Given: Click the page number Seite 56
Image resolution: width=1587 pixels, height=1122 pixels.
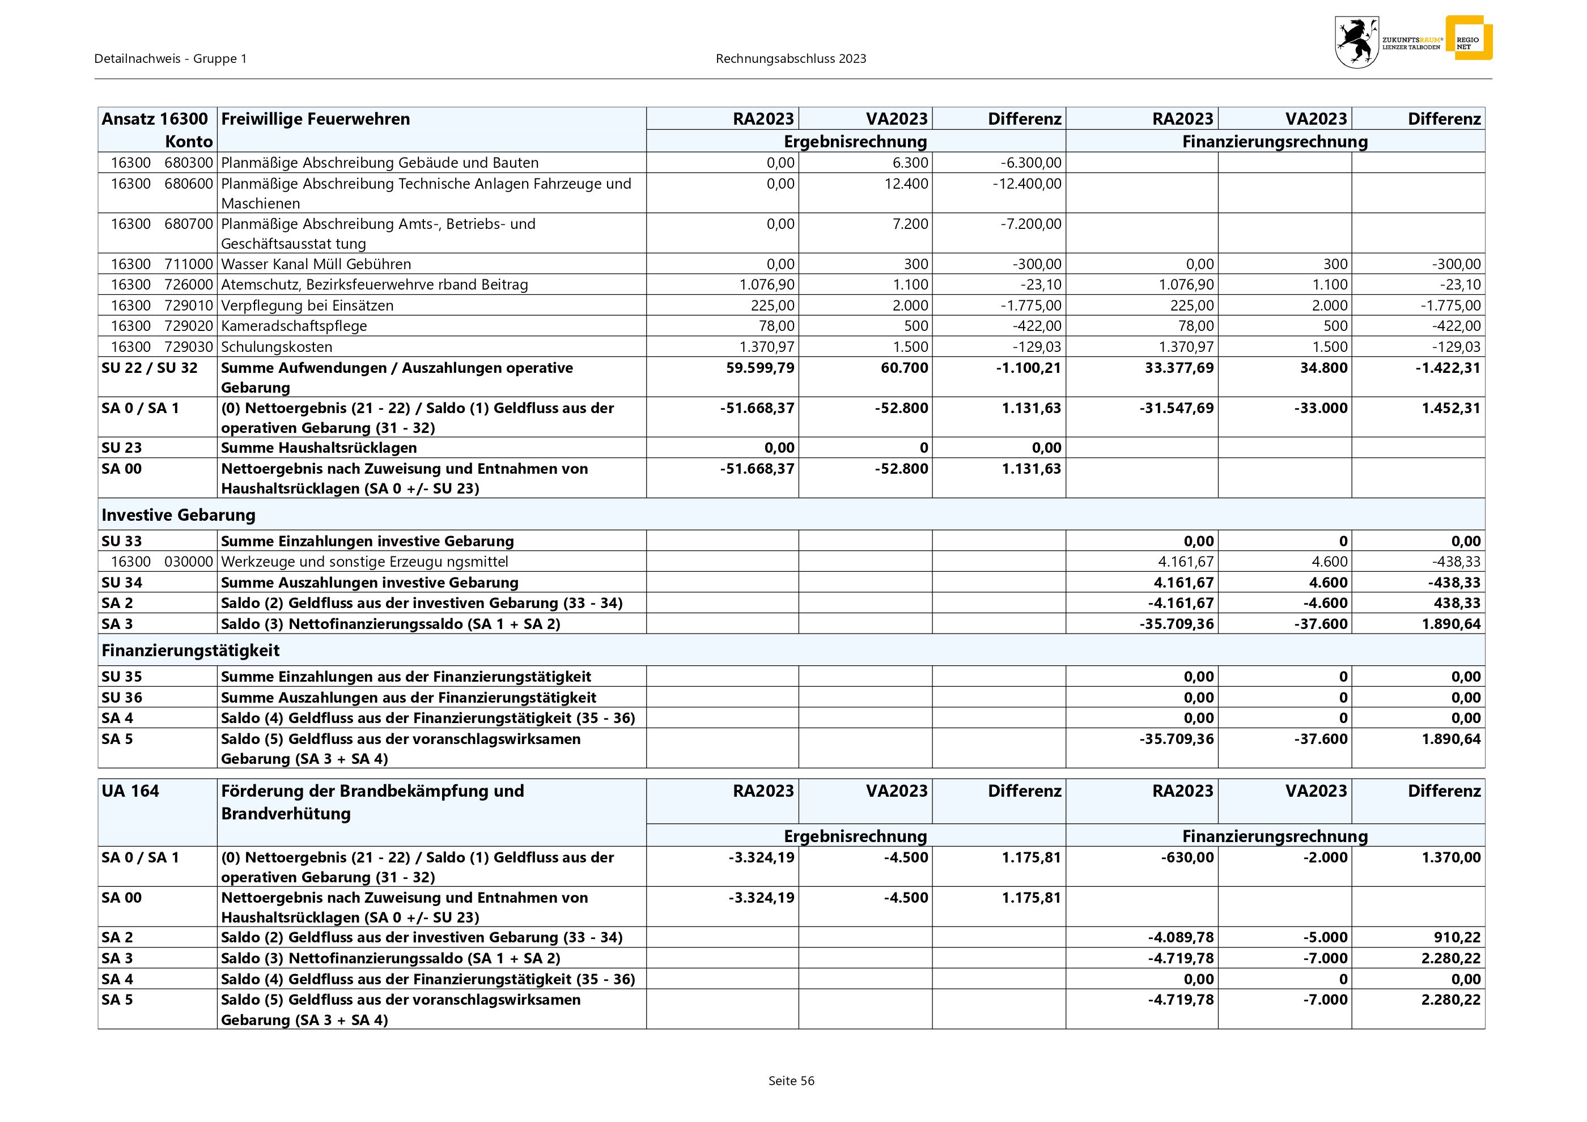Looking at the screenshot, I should pyautogui.click(x=791, y=1081).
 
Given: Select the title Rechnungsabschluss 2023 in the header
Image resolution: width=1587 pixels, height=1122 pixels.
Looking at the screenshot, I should pyautogui.click(x=791, y=59).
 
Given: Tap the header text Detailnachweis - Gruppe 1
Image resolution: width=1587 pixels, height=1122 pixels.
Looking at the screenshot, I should pyautogui.click(x=170, y=59).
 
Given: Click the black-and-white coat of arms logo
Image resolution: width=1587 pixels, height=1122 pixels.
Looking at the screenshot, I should pyautogui.click(x=1356, y=42).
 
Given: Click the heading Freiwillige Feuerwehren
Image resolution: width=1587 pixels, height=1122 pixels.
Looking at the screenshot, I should pyautogui.click(x=315, y=119).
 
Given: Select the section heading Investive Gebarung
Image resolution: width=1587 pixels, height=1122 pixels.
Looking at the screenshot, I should pyautogui.click(x=179, y=515).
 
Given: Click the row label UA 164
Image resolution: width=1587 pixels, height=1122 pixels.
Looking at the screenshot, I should pyautogui.click(x=130, y=791).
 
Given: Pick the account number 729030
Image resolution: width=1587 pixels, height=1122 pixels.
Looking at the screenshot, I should pyautogui.click(x=189, y=347).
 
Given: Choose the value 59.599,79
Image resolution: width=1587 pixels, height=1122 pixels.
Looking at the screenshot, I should pyautogui.click(x=759, y=368).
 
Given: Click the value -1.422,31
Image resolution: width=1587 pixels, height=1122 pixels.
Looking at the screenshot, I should pyautogui.click(x=1448, y=368).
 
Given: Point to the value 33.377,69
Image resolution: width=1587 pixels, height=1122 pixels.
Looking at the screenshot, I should pyautogui.click(x=1178, y=368).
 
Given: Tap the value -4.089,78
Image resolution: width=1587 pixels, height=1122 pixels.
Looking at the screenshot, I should pyautogui.click(x=1181, y=937).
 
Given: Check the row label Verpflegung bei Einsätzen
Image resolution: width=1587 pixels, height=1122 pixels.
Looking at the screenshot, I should pyautogui.click(x=307, y=305).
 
